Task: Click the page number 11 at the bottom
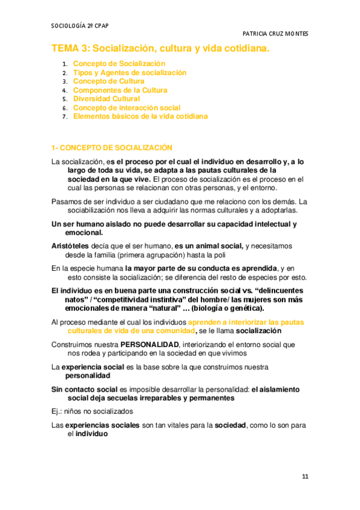coord(305,476)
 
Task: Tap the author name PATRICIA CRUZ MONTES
coord(275,34)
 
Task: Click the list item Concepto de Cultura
coord(109,81)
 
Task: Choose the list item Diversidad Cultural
coord(106,99)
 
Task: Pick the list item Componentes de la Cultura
coord(120,90)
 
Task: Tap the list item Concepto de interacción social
coord(127,108)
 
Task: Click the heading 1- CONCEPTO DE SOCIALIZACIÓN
coord(112,147)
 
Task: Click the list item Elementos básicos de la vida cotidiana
coord(141,117)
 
